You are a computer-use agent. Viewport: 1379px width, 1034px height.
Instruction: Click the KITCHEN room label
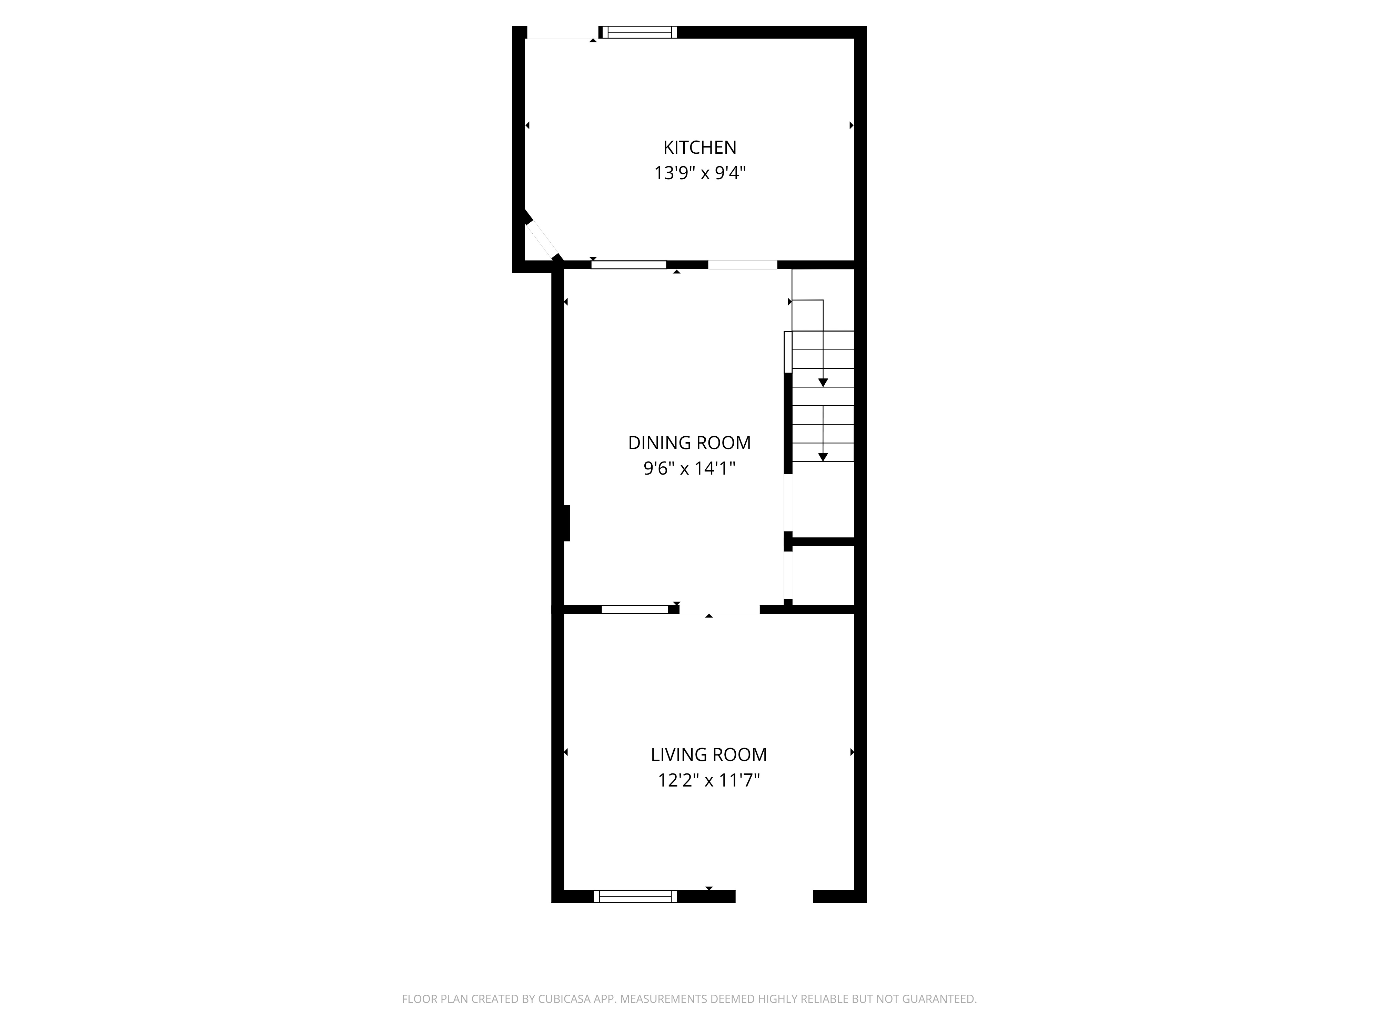699,148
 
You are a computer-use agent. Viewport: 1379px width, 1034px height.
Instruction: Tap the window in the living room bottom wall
635,896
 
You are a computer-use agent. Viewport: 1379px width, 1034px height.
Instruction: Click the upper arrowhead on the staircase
823,383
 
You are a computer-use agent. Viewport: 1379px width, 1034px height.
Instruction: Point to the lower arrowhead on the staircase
823,457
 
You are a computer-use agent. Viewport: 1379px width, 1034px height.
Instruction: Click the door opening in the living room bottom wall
774,896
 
